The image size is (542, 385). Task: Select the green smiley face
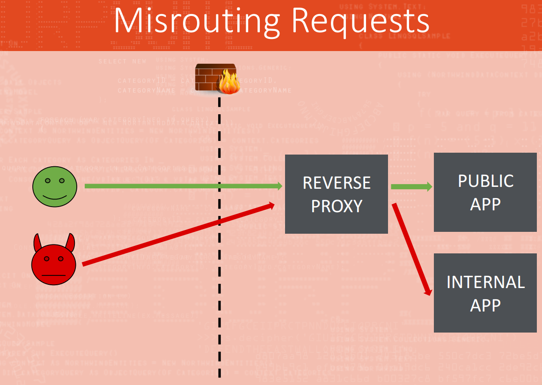(54, 186)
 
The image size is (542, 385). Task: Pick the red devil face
(54, 263)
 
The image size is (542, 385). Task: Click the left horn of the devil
(37, 243)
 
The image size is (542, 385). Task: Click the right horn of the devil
(70, 242)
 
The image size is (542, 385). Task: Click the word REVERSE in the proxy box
(337, 183)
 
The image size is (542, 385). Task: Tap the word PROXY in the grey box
(337, 206)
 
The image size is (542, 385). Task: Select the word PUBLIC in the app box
(485, 181)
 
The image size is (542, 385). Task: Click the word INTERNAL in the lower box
(485, 282)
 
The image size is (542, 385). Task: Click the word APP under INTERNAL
(485, 305)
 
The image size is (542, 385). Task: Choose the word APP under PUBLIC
(485, 204)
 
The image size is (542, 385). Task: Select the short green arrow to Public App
(411, 187)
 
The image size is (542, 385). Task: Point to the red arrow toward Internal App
(412, 248)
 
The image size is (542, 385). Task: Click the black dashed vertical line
(219, 281)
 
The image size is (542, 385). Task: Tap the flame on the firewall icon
(228, 82)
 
